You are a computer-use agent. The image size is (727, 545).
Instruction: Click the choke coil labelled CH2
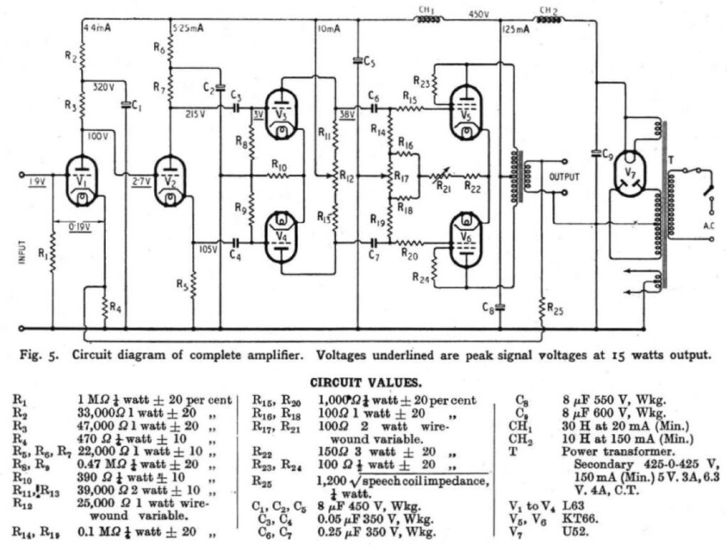tap(547, 19)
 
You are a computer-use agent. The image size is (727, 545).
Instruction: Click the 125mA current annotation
tap(517, 31)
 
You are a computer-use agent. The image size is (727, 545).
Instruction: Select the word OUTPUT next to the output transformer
tap(564, 176)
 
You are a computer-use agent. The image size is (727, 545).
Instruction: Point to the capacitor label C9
tap(607, 153)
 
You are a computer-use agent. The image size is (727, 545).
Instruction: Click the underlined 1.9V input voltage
tap(38, 181)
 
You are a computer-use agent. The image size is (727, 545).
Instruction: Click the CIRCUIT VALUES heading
tap(363, 382)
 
